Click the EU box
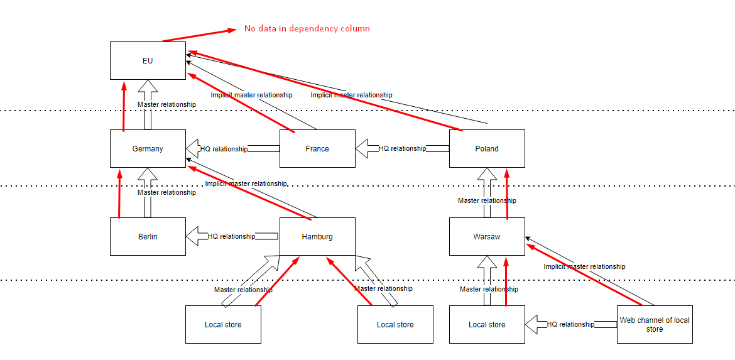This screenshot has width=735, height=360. pos(148,61)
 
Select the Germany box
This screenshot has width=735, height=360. pos(148,149)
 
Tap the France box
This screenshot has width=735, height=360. pos(317,149)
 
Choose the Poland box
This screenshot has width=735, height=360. pos(487,149)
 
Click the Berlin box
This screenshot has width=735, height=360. pos(148,237)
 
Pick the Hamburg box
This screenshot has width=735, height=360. pos(317,237)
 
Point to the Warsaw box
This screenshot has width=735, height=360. pos(487,237)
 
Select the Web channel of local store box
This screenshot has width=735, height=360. pos(655,324)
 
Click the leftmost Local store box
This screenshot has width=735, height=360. pos(223,325)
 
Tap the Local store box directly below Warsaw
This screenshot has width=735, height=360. pos(487,325)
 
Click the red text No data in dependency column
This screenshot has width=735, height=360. pos(307,28)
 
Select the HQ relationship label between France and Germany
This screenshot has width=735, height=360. pos(224,149)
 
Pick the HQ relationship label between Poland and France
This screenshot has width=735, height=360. pos(402,149)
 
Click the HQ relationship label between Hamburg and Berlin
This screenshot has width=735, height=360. pos(231,236)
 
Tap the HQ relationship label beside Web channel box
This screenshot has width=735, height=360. pos(570,324)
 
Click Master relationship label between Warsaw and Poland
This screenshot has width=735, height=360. pos(487,200)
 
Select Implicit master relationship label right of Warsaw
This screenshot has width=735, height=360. pos(584,266)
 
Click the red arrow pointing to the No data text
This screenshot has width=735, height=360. pos(198,35)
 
